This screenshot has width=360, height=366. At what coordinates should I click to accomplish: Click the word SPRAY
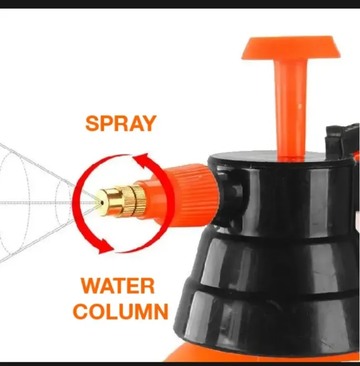[x=121, y=123]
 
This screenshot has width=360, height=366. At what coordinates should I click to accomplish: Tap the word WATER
[x=118, y=286]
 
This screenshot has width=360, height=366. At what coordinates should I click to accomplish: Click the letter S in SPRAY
[x=92, y=123]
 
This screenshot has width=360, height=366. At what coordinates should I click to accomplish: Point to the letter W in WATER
[x=91, y=286]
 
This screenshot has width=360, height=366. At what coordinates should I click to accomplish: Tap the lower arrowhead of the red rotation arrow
[x=105, y=244]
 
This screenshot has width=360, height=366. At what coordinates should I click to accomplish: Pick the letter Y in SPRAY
[x=149, y=123]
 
